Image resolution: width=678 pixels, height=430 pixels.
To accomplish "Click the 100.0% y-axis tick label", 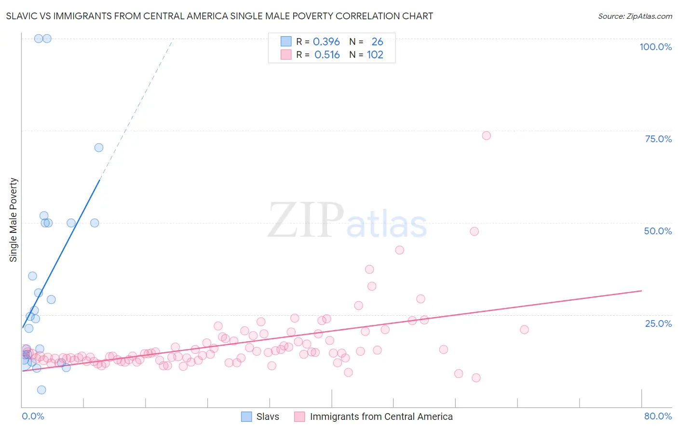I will point(655,47).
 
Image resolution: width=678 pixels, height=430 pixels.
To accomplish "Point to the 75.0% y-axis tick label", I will point(658,139).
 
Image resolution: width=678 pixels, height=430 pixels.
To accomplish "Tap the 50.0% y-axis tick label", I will point(658,231).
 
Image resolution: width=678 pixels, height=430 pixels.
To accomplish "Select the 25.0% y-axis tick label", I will point(658,323).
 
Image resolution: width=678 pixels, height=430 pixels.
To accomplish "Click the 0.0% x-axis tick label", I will point(33,416).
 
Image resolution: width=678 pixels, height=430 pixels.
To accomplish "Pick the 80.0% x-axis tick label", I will point(658,416).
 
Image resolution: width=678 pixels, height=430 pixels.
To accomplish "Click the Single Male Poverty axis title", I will point(14,220).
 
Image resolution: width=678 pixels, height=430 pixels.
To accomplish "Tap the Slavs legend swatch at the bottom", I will point(246,417).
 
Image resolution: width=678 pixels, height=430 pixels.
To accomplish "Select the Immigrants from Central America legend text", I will point(381,417).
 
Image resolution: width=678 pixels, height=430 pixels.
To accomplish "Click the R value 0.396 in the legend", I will point(326,42).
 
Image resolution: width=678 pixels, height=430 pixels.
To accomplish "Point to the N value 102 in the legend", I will point(375,55).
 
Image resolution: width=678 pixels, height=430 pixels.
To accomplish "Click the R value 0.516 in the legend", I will point(327,55).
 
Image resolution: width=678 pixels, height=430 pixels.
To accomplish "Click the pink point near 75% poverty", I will point(486,135).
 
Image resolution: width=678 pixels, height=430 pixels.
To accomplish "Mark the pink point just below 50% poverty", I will point(474,231).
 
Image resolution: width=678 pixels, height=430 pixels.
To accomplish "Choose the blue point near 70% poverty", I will point(99,148).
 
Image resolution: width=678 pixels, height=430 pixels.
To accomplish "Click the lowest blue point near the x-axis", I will point(41,390).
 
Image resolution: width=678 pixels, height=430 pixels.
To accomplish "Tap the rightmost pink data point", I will point(524,330).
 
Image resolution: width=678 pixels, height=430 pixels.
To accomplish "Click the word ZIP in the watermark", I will point(306,221).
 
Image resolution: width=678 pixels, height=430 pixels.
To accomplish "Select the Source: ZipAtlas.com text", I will point(635,16).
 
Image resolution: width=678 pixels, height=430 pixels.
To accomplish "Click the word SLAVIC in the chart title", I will point(22,16).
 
